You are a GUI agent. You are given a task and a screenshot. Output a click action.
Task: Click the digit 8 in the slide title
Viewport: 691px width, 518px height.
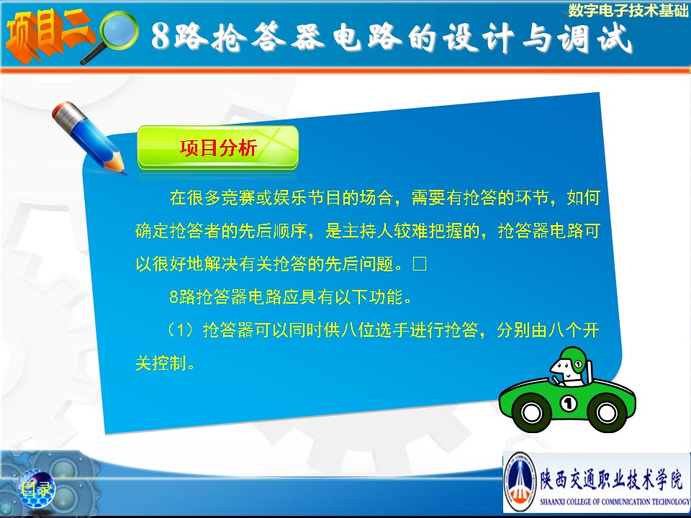coord(161,36)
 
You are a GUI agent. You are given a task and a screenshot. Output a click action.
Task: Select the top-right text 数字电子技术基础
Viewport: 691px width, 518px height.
coord(628,11)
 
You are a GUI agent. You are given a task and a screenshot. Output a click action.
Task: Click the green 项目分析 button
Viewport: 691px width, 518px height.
coord(217,148)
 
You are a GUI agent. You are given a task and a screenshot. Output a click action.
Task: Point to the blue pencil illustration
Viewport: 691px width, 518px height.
coord(88,137)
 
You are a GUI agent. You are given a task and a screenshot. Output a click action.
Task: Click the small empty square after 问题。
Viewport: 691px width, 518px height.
coord(419,264)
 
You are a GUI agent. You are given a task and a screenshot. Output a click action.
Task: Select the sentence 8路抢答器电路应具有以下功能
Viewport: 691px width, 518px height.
coord(286,297)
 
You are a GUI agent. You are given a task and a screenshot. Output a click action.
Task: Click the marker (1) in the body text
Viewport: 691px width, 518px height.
coord(180,330)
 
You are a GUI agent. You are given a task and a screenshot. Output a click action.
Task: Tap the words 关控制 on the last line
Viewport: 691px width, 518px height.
coord(161,363)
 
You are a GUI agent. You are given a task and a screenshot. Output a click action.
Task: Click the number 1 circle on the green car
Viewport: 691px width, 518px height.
coord(568,403)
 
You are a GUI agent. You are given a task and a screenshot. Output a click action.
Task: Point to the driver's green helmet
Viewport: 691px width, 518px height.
coord(573,360)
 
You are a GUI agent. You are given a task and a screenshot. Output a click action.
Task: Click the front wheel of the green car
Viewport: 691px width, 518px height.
coord(531,412)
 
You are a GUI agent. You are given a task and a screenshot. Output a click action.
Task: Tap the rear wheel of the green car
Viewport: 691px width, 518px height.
coord(606,412)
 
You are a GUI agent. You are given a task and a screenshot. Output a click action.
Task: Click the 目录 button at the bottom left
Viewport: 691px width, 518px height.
coord(37,489)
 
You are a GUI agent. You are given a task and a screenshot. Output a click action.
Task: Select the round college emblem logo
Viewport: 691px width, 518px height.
coord(520,481)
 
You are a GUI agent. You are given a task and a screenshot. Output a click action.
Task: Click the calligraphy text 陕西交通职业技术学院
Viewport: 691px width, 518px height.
coord(613,478)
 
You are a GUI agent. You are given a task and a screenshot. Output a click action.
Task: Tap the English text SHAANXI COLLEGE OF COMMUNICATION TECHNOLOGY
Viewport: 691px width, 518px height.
coord(615,501)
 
